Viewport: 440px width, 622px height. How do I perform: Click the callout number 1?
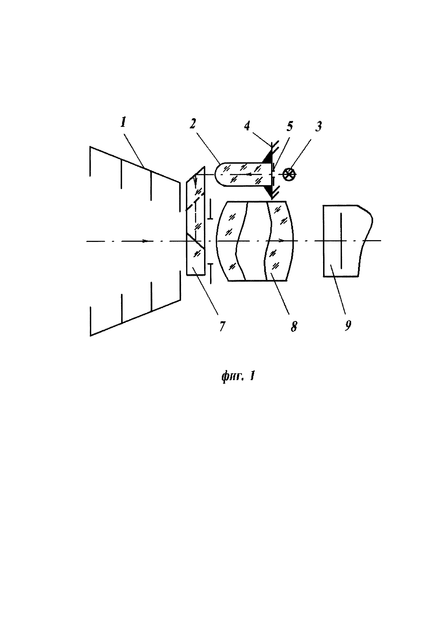[123, 123]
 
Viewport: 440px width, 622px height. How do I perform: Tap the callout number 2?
[193, 124]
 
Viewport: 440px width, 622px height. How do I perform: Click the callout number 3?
[319, 126]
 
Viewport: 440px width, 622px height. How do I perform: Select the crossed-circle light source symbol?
[289, 174]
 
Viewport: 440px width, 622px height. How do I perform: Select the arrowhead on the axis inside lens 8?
[282, 240]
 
